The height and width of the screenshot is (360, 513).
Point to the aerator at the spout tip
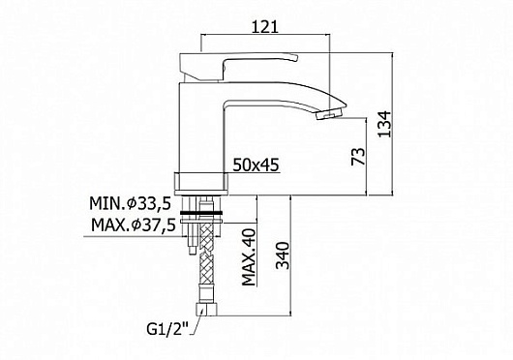tap(329, 114)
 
